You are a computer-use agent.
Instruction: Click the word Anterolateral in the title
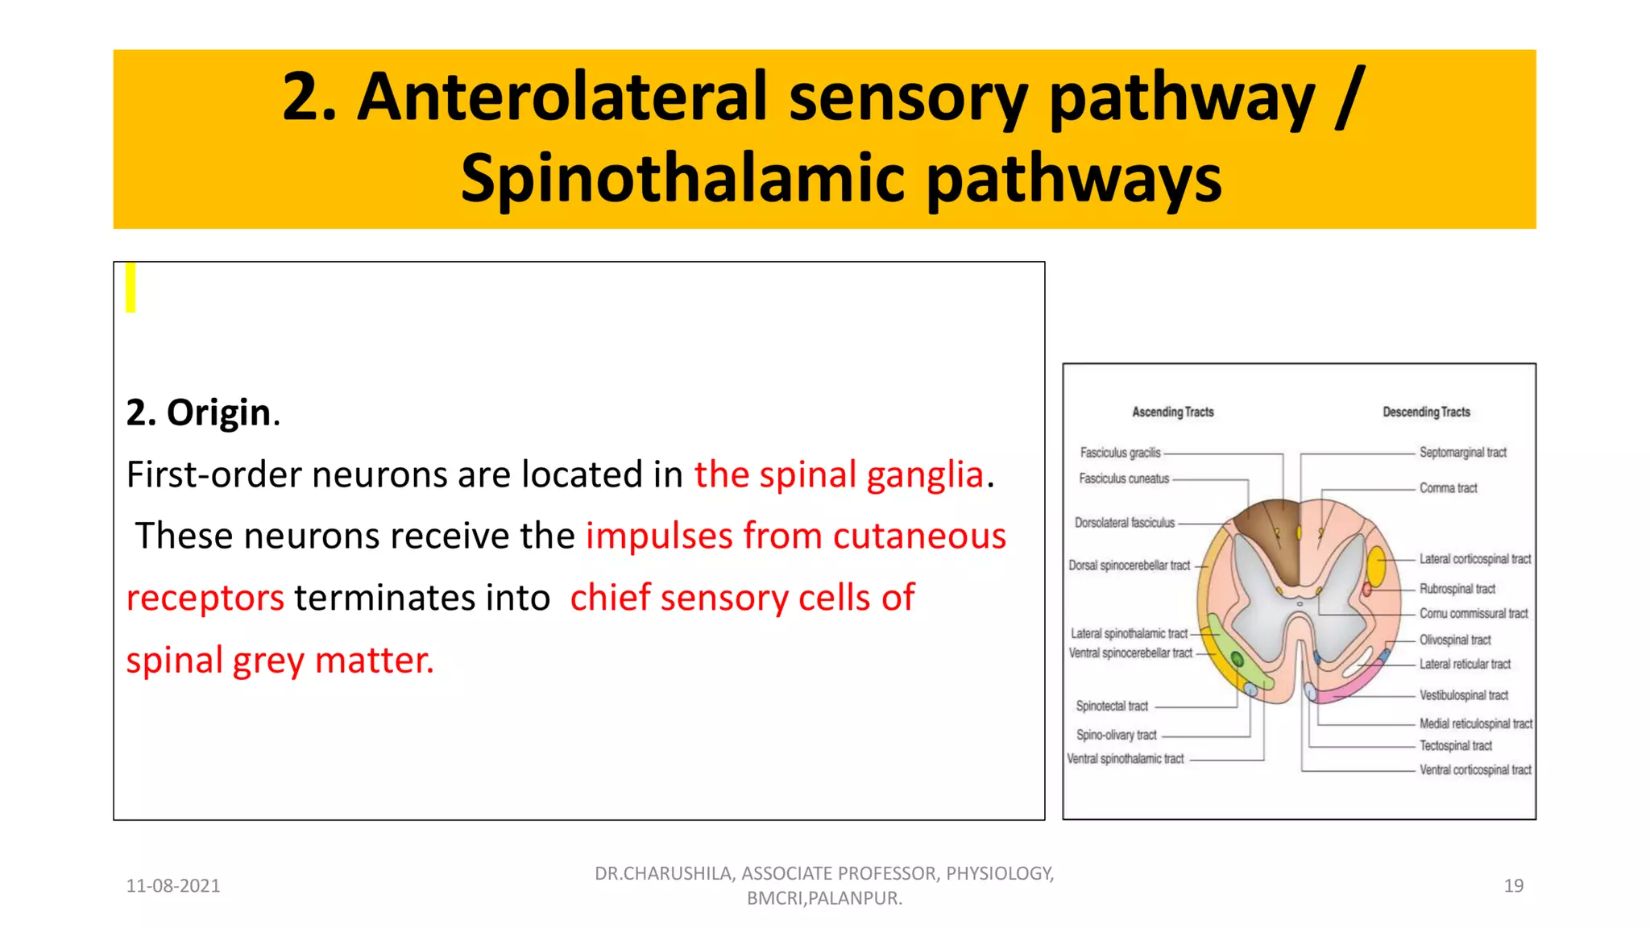(x=562, y=97)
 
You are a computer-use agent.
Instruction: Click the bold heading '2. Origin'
(x=202, y=412)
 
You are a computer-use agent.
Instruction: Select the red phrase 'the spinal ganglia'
(x=839, y=474)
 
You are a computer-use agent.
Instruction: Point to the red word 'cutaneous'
(x=919, y=536)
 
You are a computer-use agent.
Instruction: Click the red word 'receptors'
(x=205, y=598)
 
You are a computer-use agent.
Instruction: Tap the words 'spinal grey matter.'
(x=280, y=660)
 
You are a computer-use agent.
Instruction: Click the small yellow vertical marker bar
(x=131, y=288)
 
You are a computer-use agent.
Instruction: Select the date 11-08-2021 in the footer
(x=172, y=885)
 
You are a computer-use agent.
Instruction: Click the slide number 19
(x=1513, y=885)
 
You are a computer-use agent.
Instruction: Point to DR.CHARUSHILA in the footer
(x=663, y=873)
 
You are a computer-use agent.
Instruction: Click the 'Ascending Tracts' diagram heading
(x=1172, y=412)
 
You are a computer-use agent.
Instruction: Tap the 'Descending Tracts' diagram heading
(x=1426, y=412)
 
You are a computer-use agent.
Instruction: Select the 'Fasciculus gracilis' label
(x=1120, y=453)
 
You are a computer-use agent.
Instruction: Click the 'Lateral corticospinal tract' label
(x=1474, y=559)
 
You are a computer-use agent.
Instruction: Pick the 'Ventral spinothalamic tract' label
(x=1126, y=759)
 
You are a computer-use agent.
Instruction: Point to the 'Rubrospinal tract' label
(x=1457, y=589)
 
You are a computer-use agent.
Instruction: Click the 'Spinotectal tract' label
(x=1112, y=706)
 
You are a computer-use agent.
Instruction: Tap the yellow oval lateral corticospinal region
(x=1376, y=566)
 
